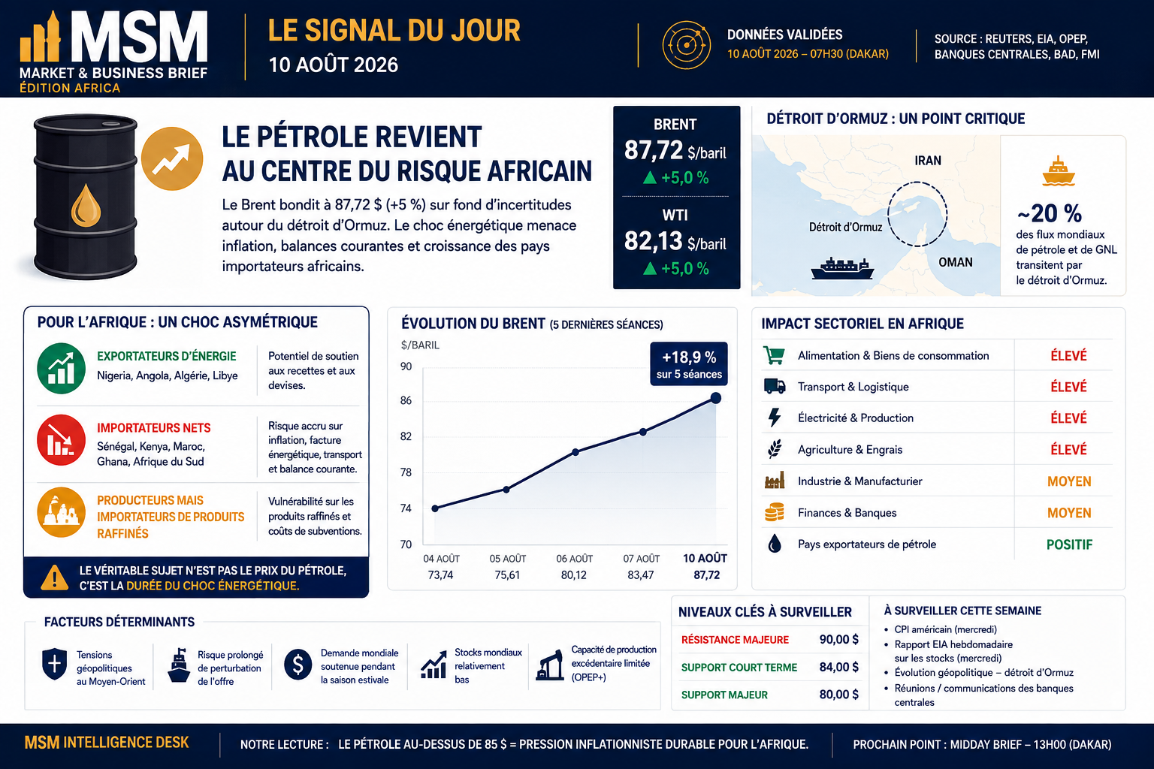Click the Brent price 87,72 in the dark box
(x=653, y=150)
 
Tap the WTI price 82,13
(x=653, y=241)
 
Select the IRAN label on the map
(x=928, y=161)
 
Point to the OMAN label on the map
(x=956, y=262)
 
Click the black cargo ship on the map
(x=842, y=268)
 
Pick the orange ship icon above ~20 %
(x=1058, y=171)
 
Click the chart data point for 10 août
(x=715, y=397)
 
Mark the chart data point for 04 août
(x=435, y=508)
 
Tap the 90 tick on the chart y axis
(x=406, y=366)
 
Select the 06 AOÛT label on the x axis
(x=575, y=558)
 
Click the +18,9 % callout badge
(x=689, y=363)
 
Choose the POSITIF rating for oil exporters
(x=1069, y=544)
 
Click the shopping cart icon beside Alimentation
(x=774, y=355)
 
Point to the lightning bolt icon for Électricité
(x=775, y=418)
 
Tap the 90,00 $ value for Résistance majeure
(x=838, y=639)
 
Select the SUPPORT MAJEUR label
(x=724, y=695)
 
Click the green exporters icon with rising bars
(x=62, y=368)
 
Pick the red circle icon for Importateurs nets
(x=62, y=440)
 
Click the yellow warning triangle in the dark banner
(x=54, y=578)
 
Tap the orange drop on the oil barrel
(x=86, y=206)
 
